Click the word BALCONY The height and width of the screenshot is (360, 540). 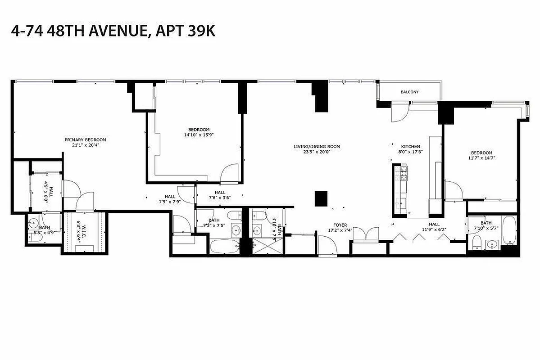point(409,92)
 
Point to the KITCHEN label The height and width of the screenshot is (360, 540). point(411,146)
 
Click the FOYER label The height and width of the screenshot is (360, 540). point(340,225)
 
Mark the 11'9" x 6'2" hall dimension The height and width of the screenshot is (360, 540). point(434,230)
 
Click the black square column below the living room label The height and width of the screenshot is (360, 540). point(321,198)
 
